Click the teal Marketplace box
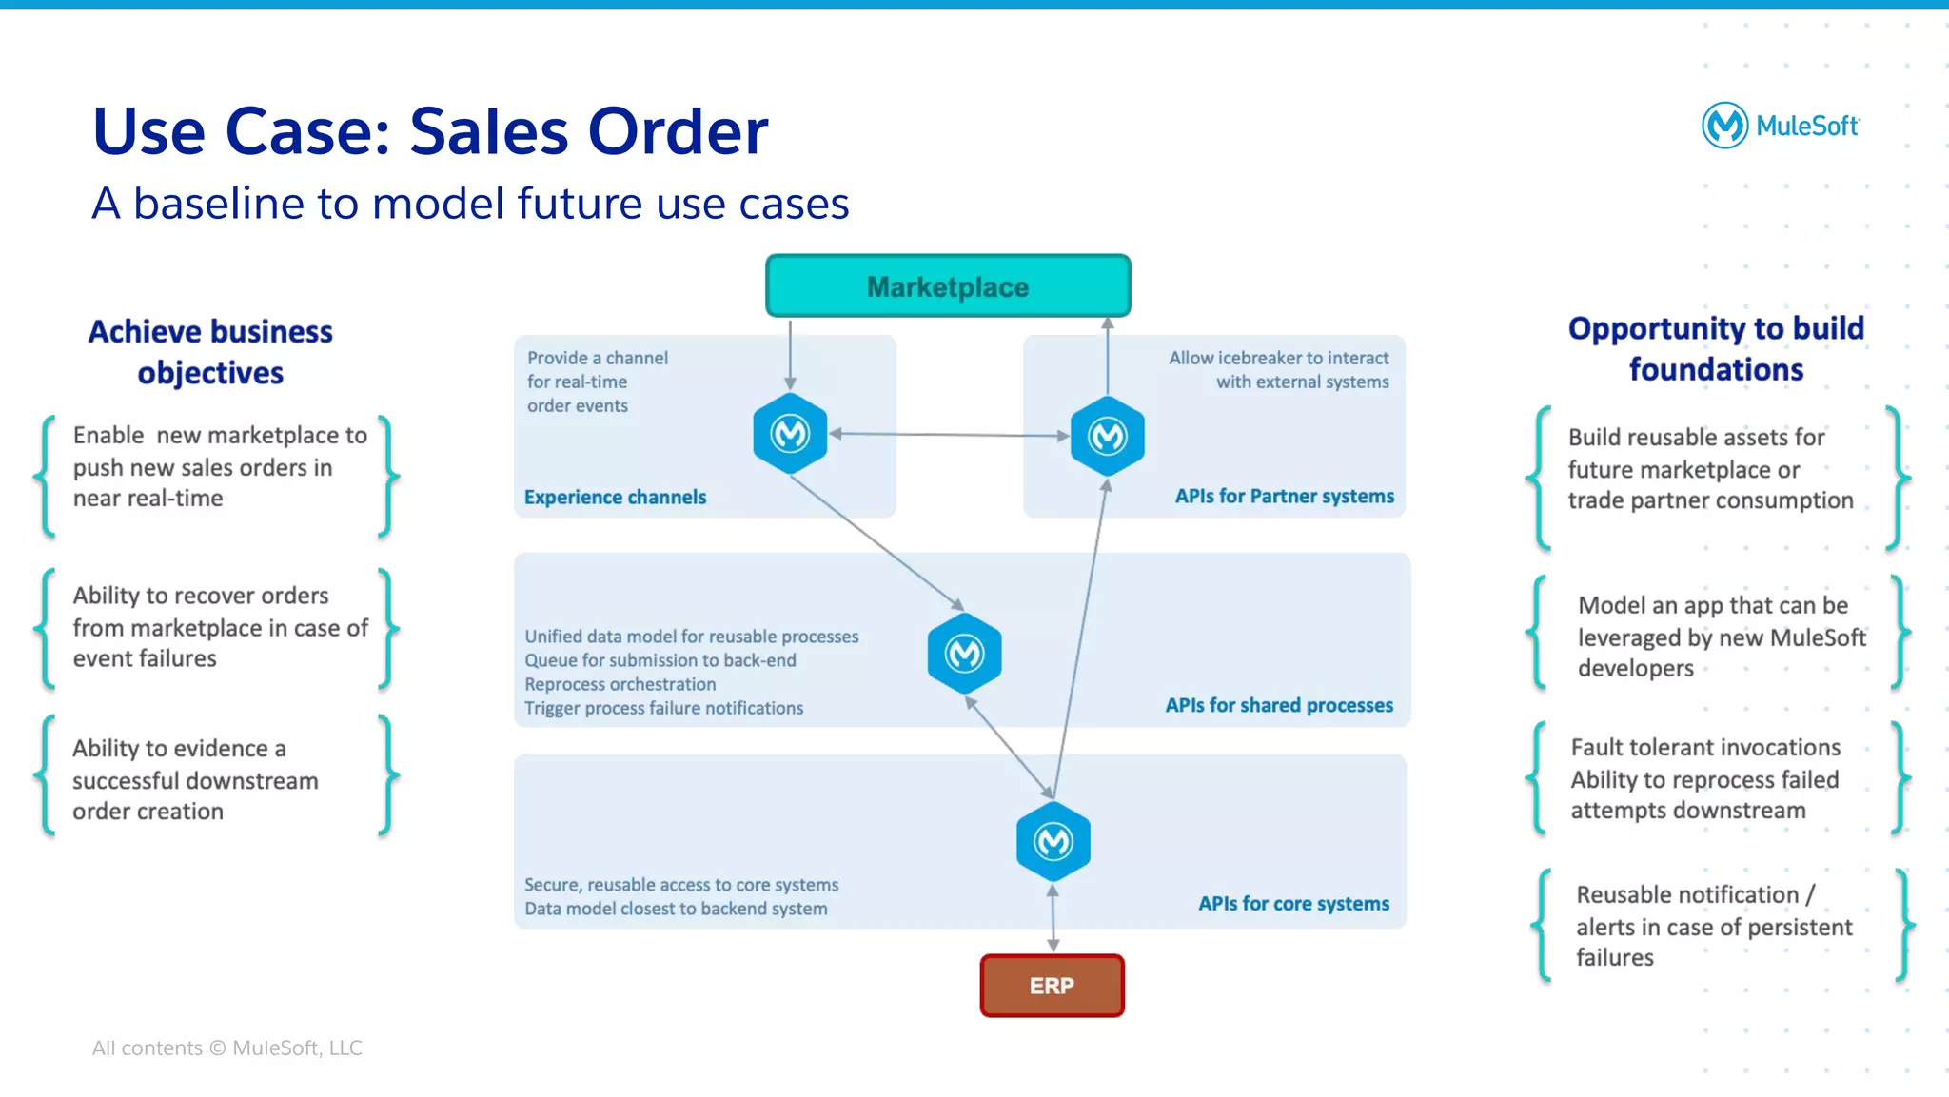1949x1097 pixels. (948, 286)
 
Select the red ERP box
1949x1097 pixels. (1052, 986)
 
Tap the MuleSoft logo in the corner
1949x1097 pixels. (1780, 126)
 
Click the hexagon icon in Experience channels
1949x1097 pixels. (790, 434)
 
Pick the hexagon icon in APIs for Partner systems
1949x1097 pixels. (1107, 437)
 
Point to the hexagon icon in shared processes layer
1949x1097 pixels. (964, 653)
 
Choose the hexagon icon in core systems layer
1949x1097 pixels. (1053, 841)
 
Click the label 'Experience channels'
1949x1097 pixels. (615, 497)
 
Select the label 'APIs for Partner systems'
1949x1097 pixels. (1284, 496)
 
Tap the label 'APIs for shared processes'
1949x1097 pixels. (1279, 705)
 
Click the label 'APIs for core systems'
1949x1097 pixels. (1293, 903)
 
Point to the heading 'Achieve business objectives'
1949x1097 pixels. (210, 352)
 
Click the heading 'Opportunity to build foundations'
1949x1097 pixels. (1716, 348)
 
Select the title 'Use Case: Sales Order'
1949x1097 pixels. (430, 130)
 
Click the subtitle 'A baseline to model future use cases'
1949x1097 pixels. (470, 204)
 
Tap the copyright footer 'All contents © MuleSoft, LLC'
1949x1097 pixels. (226, 1048)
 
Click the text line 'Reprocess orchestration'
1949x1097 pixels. (620, 684)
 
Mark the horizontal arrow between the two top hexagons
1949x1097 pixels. (949, 435)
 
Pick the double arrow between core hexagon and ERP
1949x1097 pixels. (1053, 918)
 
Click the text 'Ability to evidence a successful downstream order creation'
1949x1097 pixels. (195, 779)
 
